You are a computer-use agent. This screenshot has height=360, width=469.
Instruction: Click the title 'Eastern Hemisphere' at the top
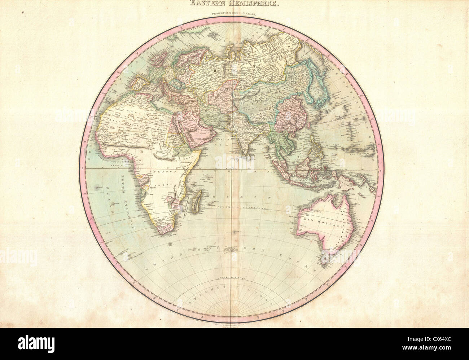[234, 4]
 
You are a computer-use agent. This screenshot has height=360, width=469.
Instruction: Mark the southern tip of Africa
[163, 231]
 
